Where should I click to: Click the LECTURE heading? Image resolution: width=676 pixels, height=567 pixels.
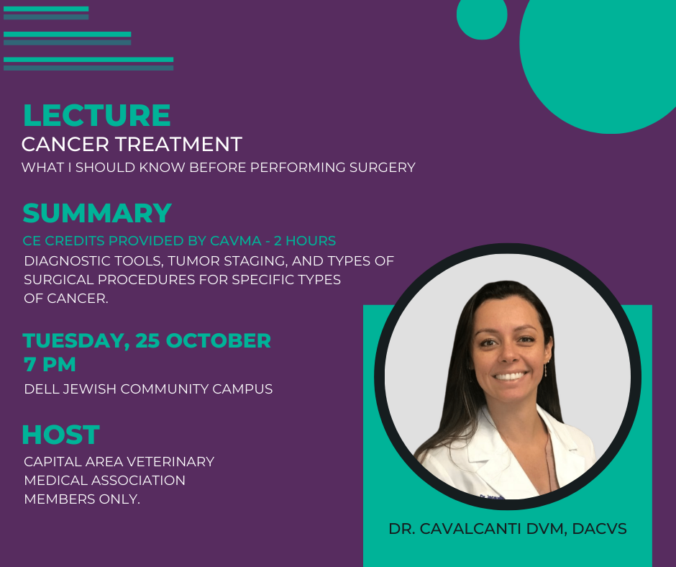tap(96, 115)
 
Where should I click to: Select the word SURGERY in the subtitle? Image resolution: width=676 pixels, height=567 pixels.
tap(383, 168)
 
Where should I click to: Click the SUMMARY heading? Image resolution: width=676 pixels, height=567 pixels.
tap(97, 213)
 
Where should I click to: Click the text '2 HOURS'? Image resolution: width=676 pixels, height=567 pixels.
tap(305, 241)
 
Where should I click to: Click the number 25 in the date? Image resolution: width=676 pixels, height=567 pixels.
tap(148, 340)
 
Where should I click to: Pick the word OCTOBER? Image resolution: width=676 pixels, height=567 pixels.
tap(219, 340)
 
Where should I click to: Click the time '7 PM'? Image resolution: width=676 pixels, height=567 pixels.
tap(50, 365)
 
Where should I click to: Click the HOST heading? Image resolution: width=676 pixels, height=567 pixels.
tap(61, 435)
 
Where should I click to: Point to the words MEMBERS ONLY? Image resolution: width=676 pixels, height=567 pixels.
tap(82, 499)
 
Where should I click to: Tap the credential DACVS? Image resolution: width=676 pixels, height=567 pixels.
tap(599, 529)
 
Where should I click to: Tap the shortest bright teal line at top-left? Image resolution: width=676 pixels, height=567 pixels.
tap(46, 9)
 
